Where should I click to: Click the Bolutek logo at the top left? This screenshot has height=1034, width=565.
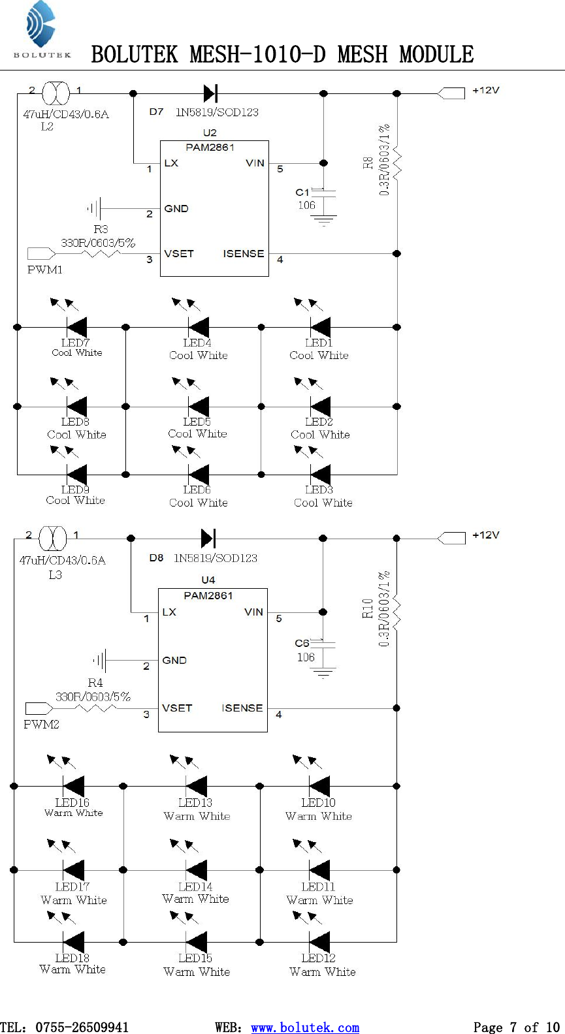[41, 29]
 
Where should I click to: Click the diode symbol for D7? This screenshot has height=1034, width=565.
[210, 93]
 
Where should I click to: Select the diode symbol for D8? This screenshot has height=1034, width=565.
[208, 539]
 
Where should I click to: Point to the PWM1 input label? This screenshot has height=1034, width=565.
[44, 270]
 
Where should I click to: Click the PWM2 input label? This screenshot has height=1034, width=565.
[41, 724]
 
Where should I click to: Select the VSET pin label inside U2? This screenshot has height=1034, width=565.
[178, 254]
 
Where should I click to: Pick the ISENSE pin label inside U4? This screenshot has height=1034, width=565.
[242, 708]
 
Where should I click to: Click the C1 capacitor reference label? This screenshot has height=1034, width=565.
[302, 192]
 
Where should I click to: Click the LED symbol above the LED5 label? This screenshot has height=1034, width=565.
[199, 407]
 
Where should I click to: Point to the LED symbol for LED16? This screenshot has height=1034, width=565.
[73, 786]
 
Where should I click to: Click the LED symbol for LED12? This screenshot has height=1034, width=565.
[319, 942]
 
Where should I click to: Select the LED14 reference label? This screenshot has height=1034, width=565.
[195, 886]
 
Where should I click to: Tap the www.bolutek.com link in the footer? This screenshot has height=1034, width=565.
[305, 1027]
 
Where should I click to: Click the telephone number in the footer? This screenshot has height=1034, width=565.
[82, 1027]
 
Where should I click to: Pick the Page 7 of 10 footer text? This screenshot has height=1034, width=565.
[516, 1027]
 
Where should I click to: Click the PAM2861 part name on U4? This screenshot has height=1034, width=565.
[208, 595]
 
